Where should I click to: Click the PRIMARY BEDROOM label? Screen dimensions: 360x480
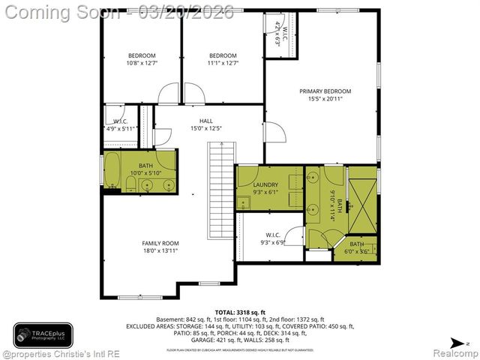pos(325,91)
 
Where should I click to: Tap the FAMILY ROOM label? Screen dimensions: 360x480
pos(160,243)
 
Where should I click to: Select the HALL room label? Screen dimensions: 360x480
pos(205,121)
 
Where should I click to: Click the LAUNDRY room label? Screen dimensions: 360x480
pos(265,184)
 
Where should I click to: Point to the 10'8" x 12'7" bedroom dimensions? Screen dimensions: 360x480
pos(141,63)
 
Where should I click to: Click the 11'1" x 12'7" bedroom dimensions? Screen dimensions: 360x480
pos(223,63)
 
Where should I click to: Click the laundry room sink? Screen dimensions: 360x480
pos(244,202)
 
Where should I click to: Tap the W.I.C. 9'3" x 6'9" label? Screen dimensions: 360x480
pos(272,238)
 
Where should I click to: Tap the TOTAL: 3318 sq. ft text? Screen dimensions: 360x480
pos(240,311)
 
